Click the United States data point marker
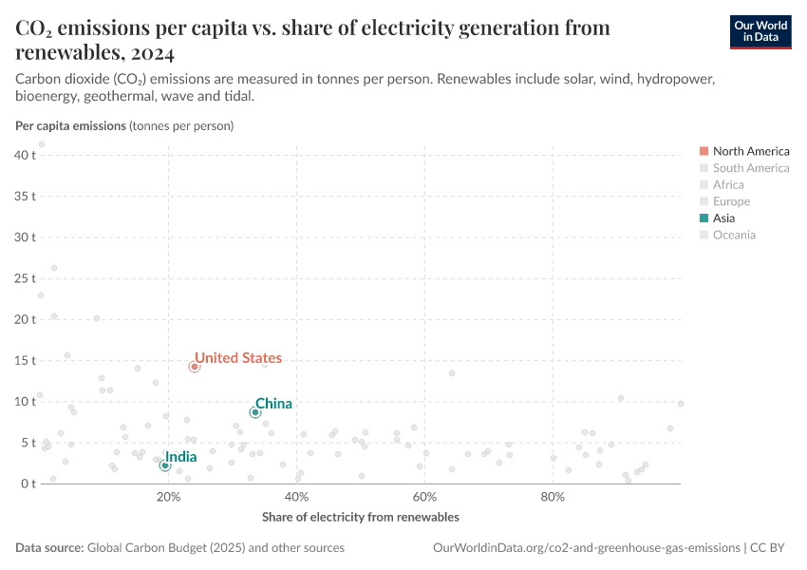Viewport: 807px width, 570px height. (195, 367)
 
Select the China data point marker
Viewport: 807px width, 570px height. (255, 412)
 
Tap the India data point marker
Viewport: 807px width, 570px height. (165, 465)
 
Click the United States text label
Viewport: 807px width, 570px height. (238, 358)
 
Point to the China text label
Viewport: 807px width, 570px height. (273, 404)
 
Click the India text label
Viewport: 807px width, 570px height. (181, 457)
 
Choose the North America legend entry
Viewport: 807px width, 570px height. (750, 151)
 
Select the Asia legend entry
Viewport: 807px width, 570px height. (730, 218)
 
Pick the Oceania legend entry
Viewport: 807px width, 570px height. (734, 235)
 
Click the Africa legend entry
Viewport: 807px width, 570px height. (728, 184)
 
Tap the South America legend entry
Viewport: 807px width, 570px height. (750, 168)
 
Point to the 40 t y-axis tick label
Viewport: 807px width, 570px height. (24, 154)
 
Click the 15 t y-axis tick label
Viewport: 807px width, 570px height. (24, 361)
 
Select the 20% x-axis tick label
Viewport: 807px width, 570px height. (169, 497)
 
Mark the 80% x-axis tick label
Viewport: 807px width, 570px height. (553, 497)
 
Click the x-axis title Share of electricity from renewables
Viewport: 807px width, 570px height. (360, 517)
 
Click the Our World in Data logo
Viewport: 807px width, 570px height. (760, 31)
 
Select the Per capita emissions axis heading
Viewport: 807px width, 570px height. (70, 125)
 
